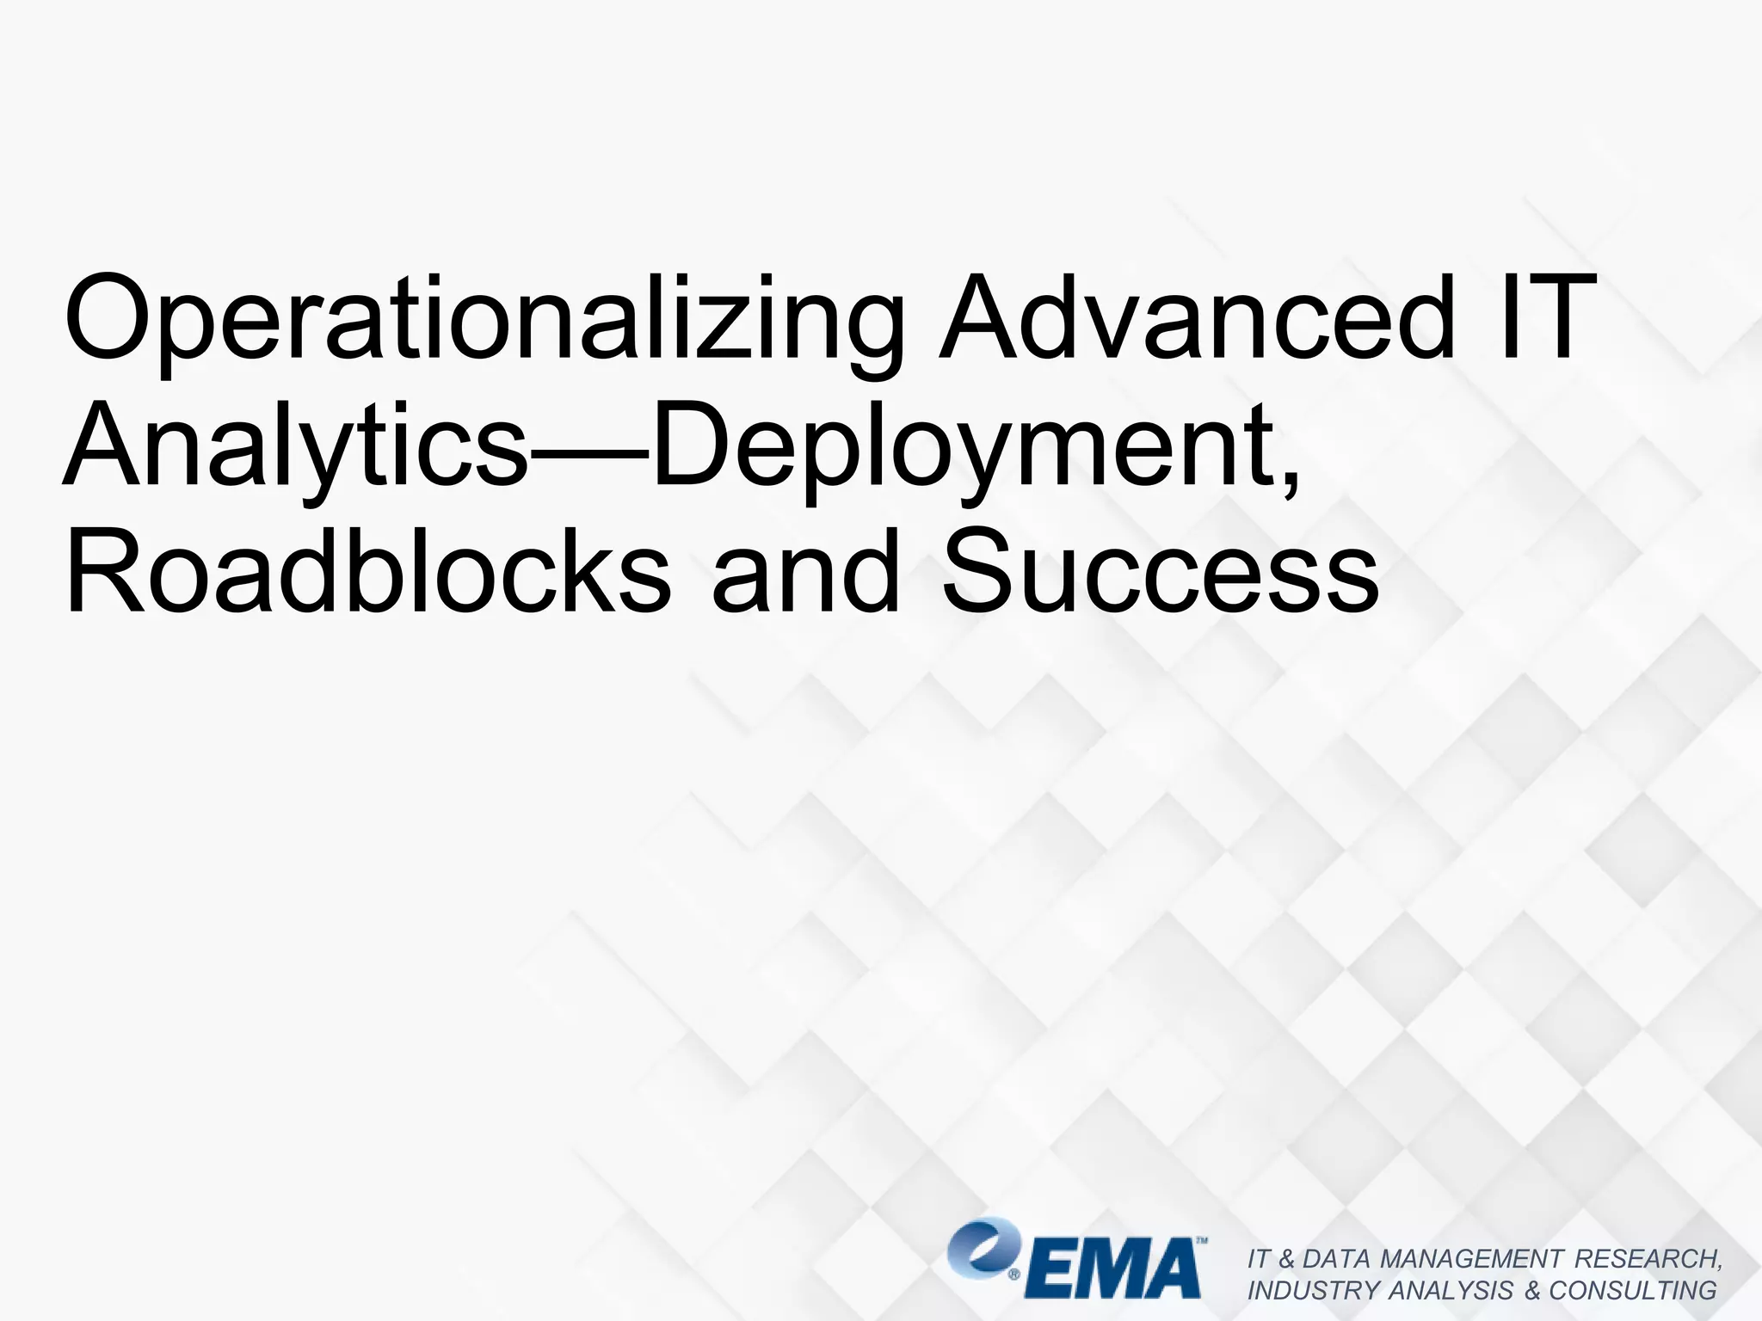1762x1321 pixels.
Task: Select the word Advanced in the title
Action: click(1196, 318)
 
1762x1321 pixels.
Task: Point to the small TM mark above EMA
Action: click(1202, 1242)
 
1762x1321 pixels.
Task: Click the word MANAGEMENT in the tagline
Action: click(1471, 1258)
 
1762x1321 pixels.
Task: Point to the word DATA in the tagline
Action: click(1338, 1258)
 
